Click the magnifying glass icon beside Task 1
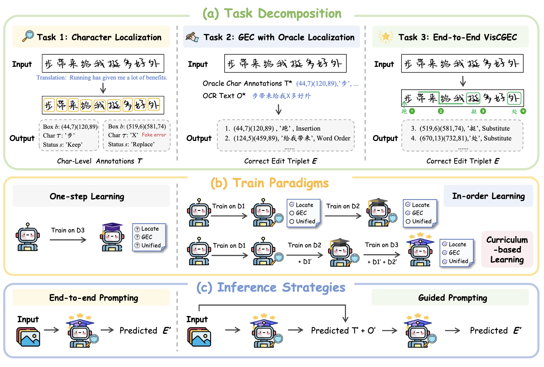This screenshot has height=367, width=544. coord(28,36)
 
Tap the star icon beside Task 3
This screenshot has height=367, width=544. coord(385,37)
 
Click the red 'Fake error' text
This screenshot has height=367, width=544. coord(154,135)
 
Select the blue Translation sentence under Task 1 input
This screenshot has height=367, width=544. coord(102,78)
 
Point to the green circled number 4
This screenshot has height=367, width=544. coord(523,111)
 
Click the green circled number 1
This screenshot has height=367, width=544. coord(412,111)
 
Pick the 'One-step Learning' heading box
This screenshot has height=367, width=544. coord(91,196)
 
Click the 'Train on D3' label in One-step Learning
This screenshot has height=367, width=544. coord(68,230)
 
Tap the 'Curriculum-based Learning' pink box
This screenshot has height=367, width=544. coord(507,250)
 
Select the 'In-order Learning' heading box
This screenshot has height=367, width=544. coord(488,196)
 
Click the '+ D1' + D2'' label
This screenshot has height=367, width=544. coord(382,262)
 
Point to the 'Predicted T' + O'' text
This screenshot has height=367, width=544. coord(343,331)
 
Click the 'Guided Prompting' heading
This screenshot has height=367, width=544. coord(452,298)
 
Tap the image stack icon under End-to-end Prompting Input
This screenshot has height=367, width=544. coord(28,337)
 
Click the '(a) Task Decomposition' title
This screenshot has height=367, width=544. coord(272,13)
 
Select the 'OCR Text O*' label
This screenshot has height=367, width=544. coord(224,96)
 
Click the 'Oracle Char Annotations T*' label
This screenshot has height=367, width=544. coord(247,84)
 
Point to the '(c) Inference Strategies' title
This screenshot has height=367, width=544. coord(271,287)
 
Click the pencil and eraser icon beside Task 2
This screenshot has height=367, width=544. coord(192,37)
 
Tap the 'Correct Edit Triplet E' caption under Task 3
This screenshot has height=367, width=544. coord(463,161)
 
